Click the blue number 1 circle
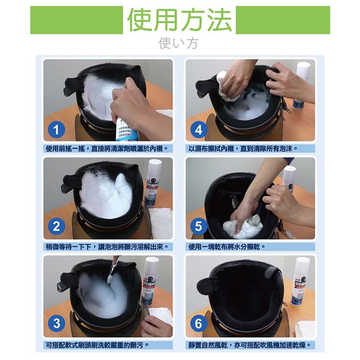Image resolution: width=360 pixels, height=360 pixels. tap(57, 130)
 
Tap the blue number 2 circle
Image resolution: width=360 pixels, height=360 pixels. tap(57, 227)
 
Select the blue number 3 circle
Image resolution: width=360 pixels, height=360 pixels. tap(57, 323)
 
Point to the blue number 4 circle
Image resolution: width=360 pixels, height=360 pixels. tap(199, 130)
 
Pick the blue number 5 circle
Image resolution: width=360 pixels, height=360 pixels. tap(199, 227)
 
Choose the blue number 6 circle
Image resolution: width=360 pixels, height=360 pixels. tap(199, 323)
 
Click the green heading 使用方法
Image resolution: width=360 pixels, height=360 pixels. tap(180, 20)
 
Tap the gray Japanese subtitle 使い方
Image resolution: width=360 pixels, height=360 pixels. tap(178, 43)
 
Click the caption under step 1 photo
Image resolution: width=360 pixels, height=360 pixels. tap(107, 148)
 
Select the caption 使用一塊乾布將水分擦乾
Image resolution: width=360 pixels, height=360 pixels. tap(227, 247)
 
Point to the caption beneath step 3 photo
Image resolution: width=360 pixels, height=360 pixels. tap(97, 345)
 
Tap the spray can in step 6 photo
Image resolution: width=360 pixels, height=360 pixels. tap(301, 281)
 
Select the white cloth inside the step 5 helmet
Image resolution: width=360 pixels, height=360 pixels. tap(242, 226)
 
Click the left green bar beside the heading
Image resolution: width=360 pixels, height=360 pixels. tap(76, 20)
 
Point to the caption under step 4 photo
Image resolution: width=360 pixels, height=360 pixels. tap(243, 148)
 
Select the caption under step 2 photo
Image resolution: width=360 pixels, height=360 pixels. tap(107, 247)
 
